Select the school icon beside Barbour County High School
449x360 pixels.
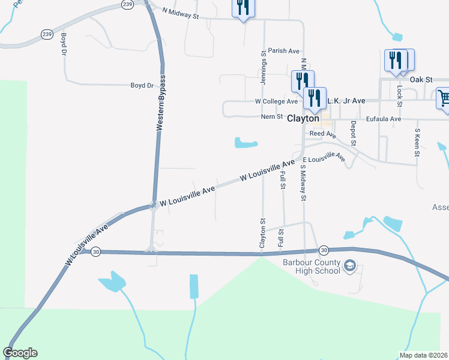point(351,266)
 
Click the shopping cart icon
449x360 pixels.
point(443,98)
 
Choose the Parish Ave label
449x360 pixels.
point(283,51)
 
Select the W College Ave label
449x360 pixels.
point(276,102)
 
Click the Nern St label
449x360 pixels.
point(271,116)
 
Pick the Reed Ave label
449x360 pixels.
point(322,134)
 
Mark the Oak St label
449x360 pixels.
point(421,79)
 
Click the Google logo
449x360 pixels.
point(20,353)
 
